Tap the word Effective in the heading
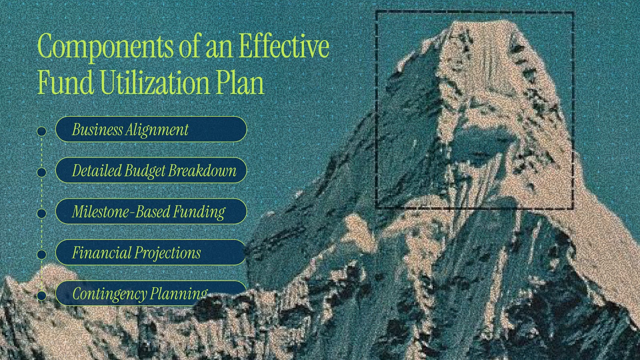click(284, 45)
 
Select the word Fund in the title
click(66, 82)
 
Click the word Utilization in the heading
click(154, 82)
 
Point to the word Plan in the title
click(240, 82)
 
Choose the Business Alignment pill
click(151, 129)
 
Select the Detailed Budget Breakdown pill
click(151, 170)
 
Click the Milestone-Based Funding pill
click(151, 212)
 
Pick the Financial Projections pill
click(151, 252)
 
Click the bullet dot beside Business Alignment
click(42, 132)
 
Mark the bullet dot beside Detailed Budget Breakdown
click(42, 172)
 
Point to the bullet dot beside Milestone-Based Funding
click(42, 214)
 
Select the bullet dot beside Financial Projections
click(42, 254)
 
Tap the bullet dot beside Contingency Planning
click(42, 296)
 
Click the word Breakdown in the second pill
click(202, 170)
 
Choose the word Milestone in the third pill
click(100, 212)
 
